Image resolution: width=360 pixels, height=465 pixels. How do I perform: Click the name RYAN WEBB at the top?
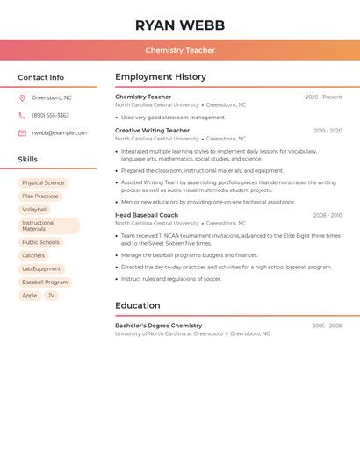point(180,25)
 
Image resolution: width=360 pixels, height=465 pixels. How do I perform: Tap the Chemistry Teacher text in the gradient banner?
point(180,50)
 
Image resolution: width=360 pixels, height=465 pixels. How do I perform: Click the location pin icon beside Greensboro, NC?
point(22,97)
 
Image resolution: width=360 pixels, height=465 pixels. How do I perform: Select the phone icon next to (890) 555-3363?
point(22,115)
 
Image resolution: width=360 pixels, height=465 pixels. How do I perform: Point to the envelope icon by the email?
point(22,133)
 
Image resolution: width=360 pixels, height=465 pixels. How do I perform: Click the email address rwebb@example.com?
point(59,133)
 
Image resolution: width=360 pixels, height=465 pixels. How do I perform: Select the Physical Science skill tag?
point(43,183)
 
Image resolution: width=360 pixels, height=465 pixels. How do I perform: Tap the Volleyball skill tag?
point(34,210)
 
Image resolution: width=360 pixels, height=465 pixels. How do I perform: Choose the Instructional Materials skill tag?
point(48,225)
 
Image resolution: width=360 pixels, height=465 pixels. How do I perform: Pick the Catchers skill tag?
point(33,255)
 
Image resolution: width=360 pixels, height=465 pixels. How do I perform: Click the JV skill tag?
point(51,296)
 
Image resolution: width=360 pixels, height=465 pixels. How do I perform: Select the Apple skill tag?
point(30,296)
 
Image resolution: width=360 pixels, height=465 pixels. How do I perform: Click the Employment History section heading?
point(161,77)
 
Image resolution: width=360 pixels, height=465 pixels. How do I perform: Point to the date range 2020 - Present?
point(323,97)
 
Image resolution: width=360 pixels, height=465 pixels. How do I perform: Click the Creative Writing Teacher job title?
point(152,131)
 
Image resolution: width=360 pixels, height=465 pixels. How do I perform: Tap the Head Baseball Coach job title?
point(147,215)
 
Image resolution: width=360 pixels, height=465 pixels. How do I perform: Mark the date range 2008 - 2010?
point(328,215)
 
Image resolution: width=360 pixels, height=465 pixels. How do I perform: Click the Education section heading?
point(138,305)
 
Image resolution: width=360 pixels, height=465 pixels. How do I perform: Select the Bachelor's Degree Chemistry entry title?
point(158,325)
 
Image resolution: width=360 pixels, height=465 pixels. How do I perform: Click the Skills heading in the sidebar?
point(28,159)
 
